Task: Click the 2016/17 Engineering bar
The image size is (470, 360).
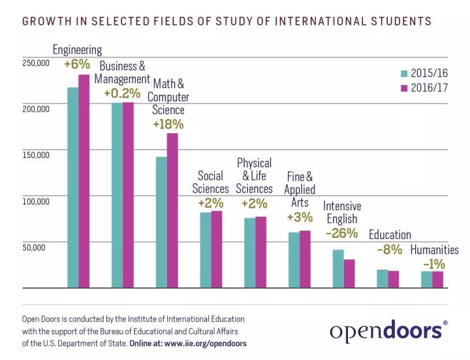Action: coord(84,181)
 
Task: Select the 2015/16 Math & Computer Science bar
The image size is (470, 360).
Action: coord(161,222)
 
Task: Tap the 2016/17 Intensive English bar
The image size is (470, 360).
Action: coord(349,274)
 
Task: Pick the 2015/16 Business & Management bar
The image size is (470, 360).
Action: coord(117,195)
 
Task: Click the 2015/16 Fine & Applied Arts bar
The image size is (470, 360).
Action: coord(294,260)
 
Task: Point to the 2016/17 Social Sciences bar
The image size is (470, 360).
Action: coord(217,249)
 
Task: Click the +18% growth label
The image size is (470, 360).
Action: coord(168,123)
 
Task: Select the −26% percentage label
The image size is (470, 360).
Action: coord(341,233)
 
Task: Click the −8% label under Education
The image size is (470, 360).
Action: coord(390,250)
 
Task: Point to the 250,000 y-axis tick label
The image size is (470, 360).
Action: coord(35,63)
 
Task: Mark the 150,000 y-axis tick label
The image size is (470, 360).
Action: coord(35,155)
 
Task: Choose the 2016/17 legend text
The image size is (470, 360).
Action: coord(430,88)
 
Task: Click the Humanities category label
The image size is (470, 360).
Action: coord(434,250)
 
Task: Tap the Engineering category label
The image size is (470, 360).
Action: coord(77,50)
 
